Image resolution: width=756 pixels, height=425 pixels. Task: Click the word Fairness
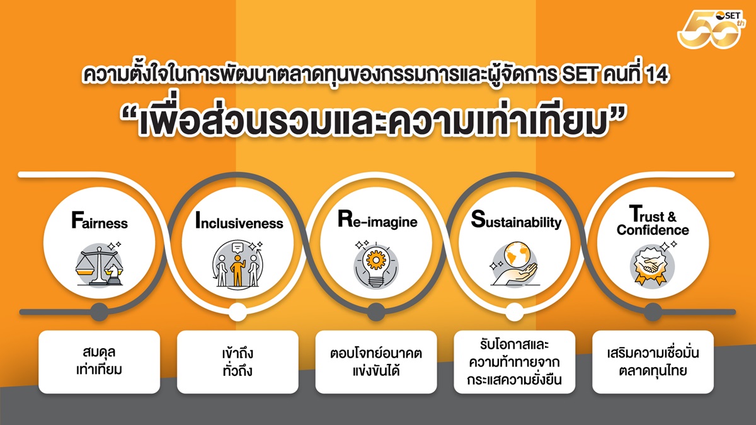click(100, 220)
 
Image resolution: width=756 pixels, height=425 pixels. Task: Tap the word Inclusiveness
click(239, 220)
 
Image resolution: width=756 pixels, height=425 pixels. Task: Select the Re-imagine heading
click(377, 220)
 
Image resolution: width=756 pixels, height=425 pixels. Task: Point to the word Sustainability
click(516, 220)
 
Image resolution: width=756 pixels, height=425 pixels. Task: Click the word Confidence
click(653, 230)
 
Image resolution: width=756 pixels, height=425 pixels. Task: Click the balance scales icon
click(100, 266)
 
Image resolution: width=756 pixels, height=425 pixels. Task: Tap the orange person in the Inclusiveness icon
click(238, 271)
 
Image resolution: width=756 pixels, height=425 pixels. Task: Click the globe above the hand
click(516, 256)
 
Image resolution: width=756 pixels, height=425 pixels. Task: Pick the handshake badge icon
click(653, 265)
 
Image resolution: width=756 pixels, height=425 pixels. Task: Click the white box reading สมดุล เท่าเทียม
click(100, 362)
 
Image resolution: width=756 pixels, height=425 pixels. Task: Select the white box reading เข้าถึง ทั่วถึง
click(238, 362)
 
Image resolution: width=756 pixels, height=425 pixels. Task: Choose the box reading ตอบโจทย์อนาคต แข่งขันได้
click(376, 362)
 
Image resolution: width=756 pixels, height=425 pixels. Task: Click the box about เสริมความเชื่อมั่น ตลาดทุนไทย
click(653, 362)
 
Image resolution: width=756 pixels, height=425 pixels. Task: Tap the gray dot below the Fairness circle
click(100, 312)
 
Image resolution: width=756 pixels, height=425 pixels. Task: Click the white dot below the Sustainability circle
click(514, 312)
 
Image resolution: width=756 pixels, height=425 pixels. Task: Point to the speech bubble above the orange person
click(238, 248)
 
